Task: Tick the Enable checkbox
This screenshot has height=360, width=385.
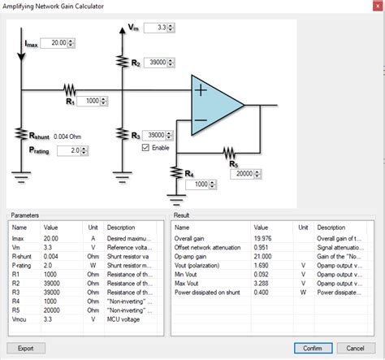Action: (x=146, y=148)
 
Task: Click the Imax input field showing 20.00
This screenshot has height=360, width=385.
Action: (x=56, y=42)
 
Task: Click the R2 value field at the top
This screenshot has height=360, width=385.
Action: (x=161, y=62)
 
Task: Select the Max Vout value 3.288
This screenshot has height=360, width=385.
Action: (x=264, y=284)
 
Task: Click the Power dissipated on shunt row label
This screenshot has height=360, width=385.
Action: (x=210, y=292)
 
